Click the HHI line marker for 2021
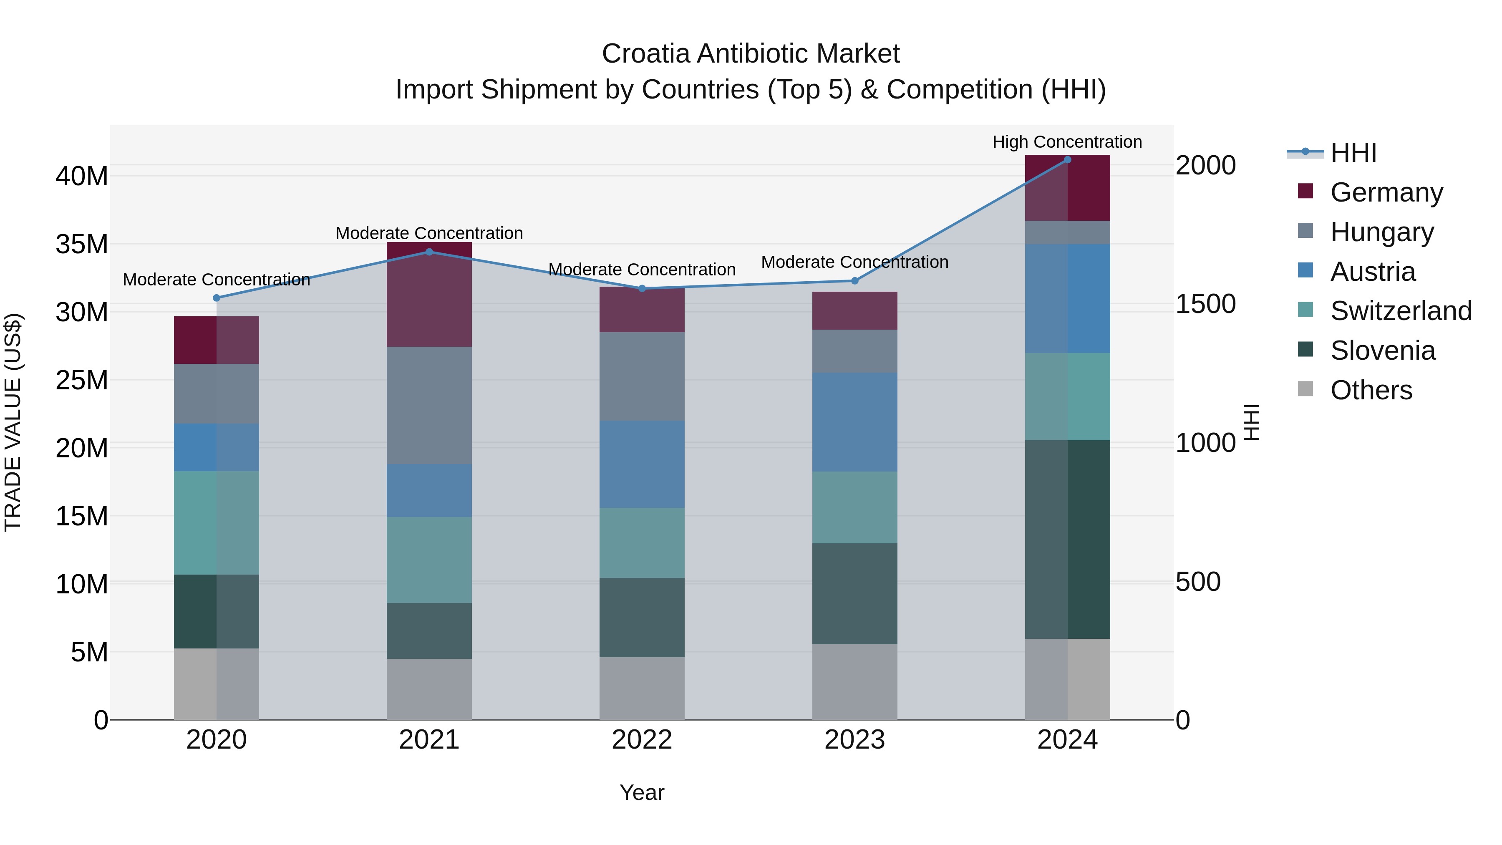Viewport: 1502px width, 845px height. (x=429, y=252)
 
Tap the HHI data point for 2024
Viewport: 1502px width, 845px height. (x=1068, y=160)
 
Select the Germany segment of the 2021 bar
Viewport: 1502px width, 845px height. (x=429, y=295)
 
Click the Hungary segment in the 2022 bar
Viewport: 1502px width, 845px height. (x=642, y=377)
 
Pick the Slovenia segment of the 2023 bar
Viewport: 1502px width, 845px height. (x=855, y=594)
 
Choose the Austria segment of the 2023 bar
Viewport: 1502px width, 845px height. (x=855, y=422)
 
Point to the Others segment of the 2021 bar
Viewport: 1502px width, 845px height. (x=429, y=689)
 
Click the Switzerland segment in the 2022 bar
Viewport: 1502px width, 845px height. (x=642, y=543)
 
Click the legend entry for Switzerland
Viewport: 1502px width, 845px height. (x=1401, y=311)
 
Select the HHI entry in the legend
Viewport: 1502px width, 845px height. (x=1353, y=153)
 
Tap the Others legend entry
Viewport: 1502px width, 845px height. (x=1371, y=390)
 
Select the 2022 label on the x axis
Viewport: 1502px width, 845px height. (x=642, y=740)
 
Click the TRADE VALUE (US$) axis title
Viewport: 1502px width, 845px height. (x=13, y=422)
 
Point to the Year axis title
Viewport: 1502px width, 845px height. (x=642, y=792)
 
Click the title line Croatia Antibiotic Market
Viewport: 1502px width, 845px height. (x=751, y=54)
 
